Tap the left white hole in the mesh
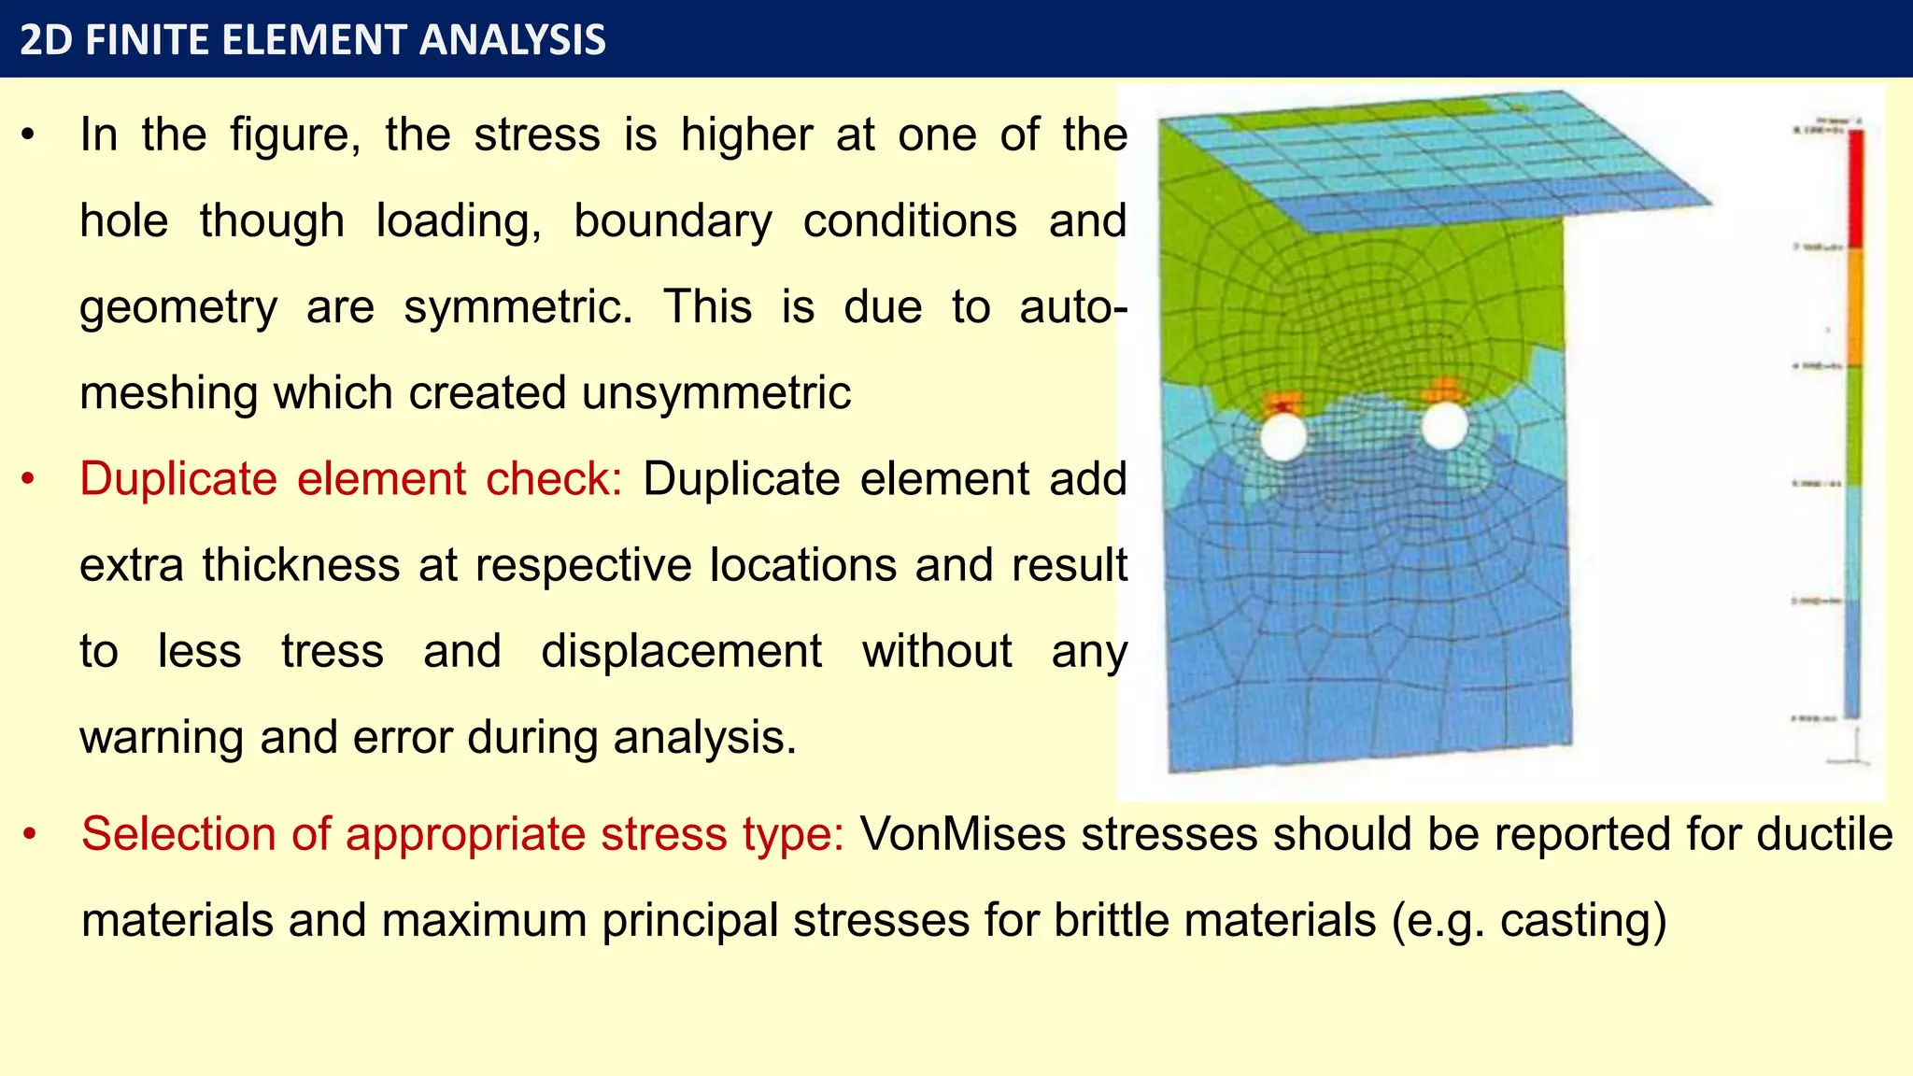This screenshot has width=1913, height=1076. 1283,436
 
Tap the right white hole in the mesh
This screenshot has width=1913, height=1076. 1445,426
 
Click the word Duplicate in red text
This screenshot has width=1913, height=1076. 178,479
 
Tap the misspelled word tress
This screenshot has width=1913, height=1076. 333,651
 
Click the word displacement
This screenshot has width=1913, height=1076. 682,651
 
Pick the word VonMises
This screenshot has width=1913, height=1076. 962,834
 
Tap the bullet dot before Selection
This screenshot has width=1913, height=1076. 30,834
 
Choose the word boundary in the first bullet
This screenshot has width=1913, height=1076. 673,221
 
